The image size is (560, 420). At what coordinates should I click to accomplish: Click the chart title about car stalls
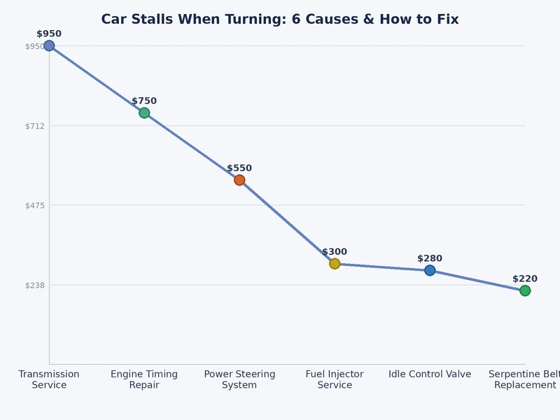pos(280,20)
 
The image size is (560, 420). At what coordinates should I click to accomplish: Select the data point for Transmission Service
pos(49,46)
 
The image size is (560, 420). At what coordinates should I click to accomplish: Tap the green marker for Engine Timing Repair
pos(144,113)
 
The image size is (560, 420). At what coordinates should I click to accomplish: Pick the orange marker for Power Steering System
pos(239,180)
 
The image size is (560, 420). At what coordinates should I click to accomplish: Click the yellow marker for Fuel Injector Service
pos(335,264)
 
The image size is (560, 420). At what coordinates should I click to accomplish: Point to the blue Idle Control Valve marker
pos(430,270)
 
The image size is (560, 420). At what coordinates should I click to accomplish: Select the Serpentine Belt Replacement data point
pos(524,290)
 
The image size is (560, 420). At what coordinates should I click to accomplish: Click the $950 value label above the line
pos(49,34)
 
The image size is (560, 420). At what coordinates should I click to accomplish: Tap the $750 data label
pos(144,101)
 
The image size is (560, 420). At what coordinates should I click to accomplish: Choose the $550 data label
pos(239,168)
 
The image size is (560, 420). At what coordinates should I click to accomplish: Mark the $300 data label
pos(335,252)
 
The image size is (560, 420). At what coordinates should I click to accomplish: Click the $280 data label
pos(430,258)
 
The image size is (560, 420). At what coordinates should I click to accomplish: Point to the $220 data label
pos(524,279)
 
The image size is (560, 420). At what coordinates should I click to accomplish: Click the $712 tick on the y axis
pos(34,126)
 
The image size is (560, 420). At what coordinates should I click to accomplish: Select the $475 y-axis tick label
pos(34,205)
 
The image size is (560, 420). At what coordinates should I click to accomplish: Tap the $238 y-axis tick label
pos(34,285)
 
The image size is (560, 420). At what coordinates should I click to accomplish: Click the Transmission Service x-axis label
pos(49,379)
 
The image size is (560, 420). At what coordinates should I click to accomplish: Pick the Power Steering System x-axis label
pos(239,379)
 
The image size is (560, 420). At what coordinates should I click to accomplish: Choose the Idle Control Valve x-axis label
pos(430,374)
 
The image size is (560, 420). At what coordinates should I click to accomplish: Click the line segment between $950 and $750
pos(97,80)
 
